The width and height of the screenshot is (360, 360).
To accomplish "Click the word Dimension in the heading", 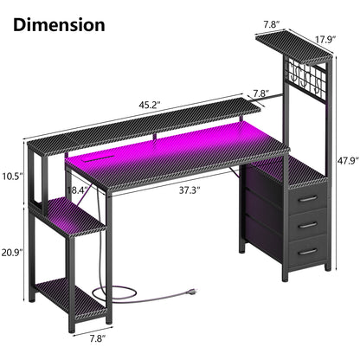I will point(60,24).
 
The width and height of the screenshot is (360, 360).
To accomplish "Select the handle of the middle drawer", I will point(305,224).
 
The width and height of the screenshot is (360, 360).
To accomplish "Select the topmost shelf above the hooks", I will point(292,48).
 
